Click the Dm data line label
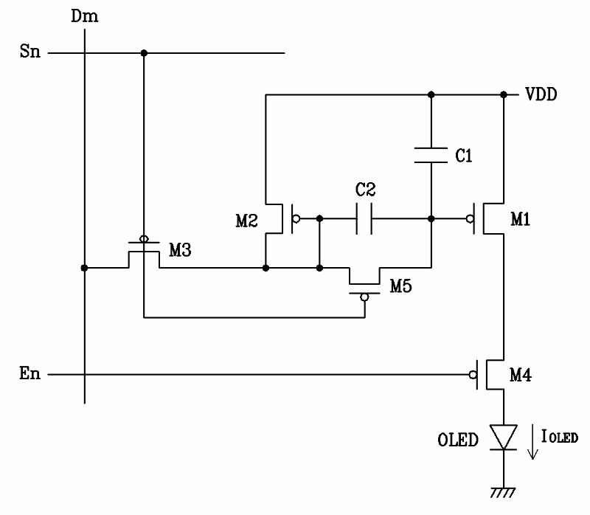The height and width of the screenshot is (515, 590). (85, 16)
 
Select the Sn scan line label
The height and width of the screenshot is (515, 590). (30, 51)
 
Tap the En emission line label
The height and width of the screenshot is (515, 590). (29, 373)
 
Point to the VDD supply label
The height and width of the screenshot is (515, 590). (541, 94)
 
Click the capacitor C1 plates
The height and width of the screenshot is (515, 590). (431, 155)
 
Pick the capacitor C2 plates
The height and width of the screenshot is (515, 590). (364, 218)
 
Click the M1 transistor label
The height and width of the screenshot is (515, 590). (521, 219)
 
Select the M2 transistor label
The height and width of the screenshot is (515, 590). (246, 221)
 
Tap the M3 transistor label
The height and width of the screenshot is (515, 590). (180, 250)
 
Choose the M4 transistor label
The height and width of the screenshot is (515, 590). (521, 375)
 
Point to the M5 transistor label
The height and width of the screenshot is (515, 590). (400, 286)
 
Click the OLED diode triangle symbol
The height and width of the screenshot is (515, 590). (504, 437)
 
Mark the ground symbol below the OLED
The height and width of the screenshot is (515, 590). (503, 492)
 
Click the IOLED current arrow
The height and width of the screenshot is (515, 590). (532, 442)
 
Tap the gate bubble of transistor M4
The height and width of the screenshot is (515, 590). (473, 375)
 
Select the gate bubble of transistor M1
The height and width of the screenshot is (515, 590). (470, 218)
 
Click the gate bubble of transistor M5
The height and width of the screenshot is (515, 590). (364, 297)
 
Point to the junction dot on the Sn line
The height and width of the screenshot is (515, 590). (144, 53)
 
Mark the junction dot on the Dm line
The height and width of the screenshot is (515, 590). (84, 268)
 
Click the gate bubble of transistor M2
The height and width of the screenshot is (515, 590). (296, 218)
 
